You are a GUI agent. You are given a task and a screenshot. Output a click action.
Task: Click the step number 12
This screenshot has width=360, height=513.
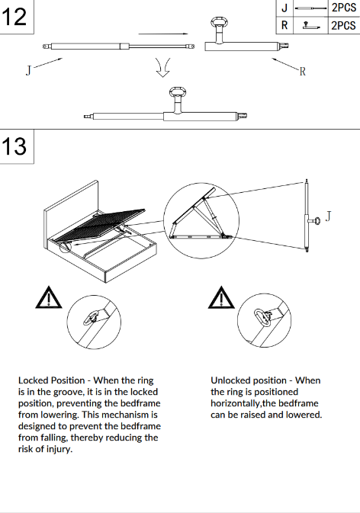tap(14, 17)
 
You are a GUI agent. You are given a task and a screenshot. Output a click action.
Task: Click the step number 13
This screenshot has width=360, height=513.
tap(14, 146)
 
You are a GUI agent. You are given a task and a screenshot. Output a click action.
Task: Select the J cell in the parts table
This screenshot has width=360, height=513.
tap(284, 8)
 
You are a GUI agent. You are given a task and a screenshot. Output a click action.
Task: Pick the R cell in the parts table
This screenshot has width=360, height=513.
tap(284, 25)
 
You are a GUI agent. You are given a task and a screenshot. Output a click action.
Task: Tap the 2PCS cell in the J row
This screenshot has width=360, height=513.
tap(344, 8)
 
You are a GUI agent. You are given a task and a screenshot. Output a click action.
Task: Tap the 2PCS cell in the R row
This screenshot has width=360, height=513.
tap(344, 25)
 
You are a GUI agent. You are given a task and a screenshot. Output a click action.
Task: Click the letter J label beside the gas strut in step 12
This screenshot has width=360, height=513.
tap(28, 70)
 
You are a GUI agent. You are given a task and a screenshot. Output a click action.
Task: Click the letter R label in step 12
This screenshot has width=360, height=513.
tap(302, 72)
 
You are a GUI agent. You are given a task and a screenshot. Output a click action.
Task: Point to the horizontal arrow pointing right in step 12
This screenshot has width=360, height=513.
tap(163, 34)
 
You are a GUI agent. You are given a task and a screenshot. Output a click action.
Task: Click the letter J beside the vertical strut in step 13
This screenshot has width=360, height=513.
tap(328, 216)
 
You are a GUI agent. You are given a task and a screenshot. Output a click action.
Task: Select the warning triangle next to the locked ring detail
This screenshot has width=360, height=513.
tap(49, 297)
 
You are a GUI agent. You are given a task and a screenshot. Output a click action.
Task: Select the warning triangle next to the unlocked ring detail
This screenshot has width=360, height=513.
tap(221, 297)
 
